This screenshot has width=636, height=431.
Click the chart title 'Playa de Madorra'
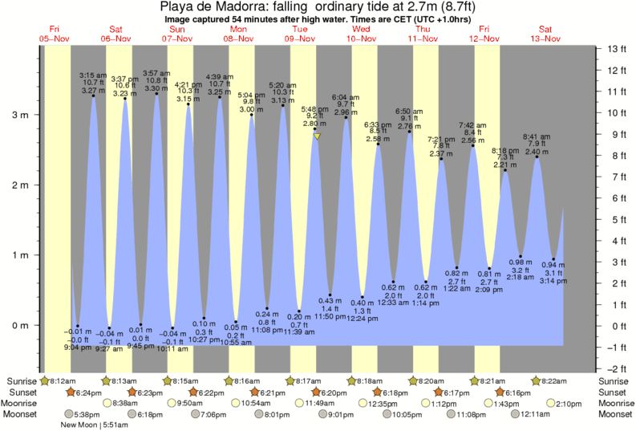pyautogui.click(x=318, y=7)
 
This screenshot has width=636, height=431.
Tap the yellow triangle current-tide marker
pyautogui.click(x=318, y=137)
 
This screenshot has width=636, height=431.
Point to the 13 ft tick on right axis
pyautogui.click(x=616, y=50)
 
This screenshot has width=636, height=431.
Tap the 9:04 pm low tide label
pyautogui.click(x=76, y=348)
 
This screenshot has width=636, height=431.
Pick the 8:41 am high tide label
pyautogui.click(x=537, y=136)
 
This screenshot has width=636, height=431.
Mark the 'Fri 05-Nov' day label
pyautogui.click(x=54, y=34)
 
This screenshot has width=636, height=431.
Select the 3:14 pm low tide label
pyautogui.click(x=553, y=281)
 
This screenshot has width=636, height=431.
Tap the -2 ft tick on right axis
pyautogui.click(x=616, y=368)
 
